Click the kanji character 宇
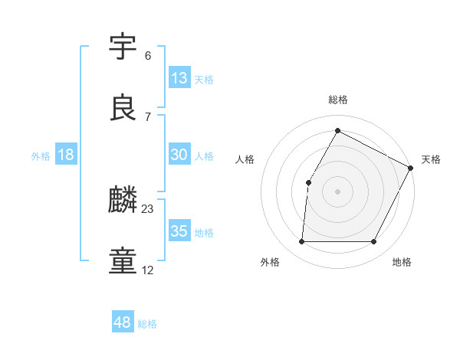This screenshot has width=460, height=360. (124, 47)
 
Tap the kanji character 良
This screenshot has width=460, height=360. (124, 106)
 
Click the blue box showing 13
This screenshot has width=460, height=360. (179, 78)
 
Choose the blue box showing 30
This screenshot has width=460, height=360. (179, 155)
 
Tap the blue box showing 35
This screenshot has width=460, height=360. (179, 231)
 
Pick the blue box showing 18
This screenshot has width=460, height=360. (66, 155)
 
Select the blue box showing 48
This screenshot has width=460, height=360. (123, 322)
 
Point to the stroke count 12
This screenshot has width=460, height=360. (148, 270)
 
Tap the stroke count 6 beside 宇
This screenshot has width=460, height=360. (148, 56)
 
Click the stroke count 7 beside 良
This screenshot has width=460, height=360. (148, 116)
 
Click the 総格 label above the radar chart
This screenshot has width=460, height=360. (338, 100)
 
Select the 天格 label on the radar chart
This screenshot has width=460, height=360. (431, 159)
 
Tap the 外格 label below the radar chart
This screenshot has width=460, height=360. (270, 263)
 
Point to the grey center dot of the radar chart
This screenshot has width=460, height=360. (338, 191)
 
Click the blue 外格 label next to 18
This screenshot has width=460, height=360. (41, 156)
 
